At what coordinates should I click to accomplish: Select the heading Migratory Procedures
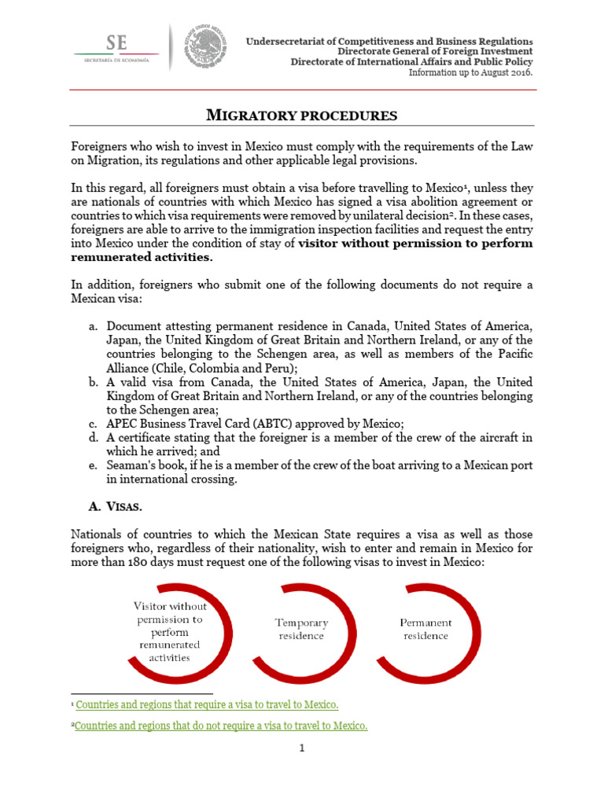301,116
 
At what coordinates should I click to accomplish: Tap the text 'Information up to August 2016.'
470,72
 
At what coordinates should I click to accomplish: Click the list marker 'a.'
93,326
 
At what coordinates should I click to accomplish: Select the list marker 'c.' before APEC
93,423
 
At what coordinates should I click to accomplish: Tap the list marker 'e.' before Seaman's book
93,465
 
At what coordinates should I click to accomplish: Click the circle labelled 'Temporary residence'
301,629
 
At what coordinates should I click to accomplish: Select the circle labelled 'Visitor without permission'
171,631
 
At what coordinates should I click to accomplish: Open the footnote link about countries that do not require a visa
220,726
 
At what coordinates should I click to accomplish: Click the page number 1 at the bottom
301,748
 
